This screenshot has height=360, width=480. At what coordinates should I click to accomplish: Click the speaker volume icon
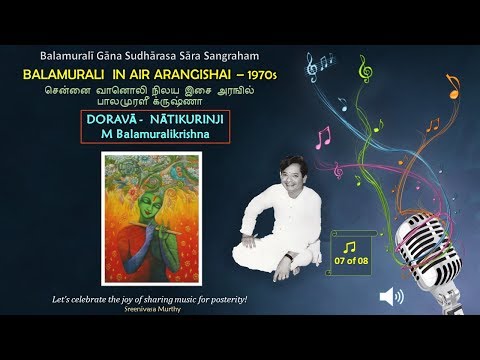tap(391, 296)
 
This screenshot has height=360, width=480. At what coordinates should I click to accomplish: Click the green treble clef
tap(365, 69)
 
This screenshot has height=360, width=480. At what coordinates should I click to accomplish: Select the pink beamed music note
tap(322, 136)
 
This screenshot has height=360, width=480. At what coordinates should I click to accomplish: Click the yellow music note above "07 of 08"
tap(349, 245)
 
